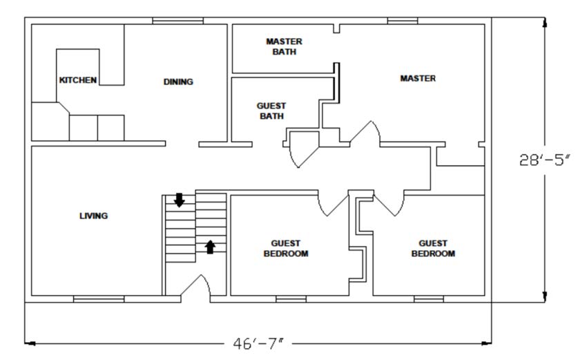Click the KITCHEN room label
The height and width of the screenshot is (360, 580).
point(78,80)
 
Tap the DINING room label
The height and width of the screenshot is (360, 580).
point(178,82)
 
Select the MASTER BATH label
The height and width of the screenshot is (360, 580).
point(284,46)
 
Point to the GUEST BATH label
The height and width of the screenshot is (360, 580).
point(271,111)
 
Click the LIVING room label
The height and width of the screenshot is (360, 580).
point(94,216)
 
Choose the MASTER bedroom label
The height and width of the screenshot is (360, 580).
point(418,79)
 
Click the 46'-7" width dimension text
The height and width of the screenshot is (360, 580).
point(258,343)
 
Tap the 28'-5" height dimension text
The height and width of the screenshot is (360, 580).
point(545,160)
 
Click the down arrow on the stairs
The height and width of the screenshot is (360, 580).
point(180,200)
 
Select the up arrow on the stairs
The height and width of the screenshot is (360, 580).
point(210,247)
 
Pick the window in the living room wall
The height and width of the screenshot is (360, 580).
point(99,299)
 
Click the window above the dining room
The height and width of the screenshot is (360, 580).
point(178,21)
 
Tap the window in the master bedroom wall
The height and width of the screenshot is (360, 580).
point(403,21)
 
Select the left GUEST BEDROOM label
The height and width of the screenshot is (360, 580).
point(286,248)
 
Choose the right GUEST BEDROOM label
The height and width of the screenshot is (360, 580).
point(433,248)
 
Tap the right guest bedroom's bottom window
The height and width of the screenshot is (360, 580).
point(429,299)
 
